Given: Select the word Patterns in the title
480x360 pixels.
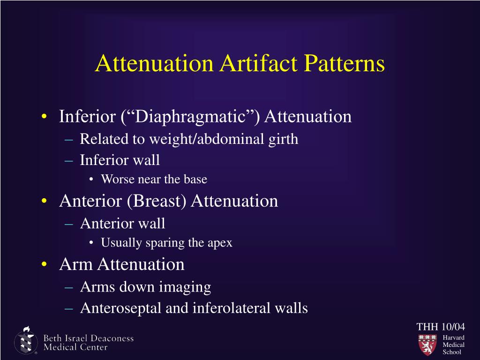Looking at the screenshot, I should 345,64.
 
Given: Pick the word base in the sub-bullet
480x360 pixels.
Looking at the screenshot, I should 197,179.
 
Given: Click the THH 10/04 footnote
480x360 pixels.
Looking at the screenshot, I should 441,326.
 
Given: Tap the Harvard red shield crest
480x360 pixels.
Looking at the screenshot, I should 427,345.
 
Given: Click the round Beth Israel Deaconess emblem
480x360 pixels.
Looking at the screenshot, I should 26,341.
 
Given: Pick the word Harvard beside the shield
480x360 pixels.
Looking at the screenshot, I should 453,337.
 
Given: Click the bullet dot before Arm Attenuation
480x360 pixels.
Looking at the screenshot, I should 44,265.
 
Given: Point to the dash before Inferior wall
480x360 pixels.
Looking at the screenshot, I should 68,160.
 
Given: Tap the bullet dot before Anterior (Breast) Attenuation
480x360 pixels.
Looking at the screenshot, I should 44,202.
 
